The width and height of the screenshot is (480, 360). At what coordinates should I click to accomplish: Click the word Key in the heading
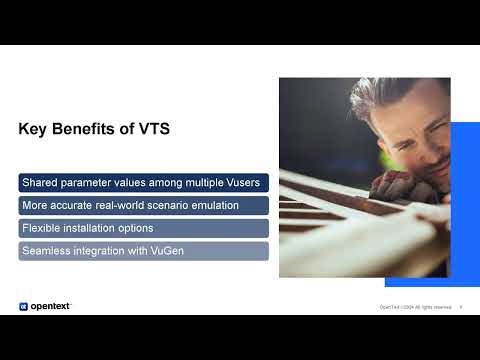pos(33,129)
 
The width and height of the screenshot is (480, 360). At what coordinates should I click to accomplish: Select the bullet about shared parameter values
pos(143,182)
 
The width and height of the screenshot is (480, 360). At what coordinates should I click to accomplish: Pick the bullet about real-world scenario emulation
pos(143,205)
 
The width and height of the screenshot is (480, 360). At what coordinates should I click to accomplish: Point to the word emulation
pos(210,205)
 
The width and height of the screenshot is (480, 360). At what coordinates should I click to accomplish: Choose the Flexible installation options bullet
pos(143,228)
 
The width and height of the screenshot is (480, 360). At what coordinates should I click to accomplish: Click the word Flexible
pos(42,228)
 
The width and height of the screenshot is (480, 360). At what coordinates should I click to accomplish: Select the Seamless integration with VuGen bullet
pos(143,251)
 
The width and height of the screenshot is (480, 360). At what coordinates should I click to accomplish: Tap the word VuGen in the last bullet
pos(167,251)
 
